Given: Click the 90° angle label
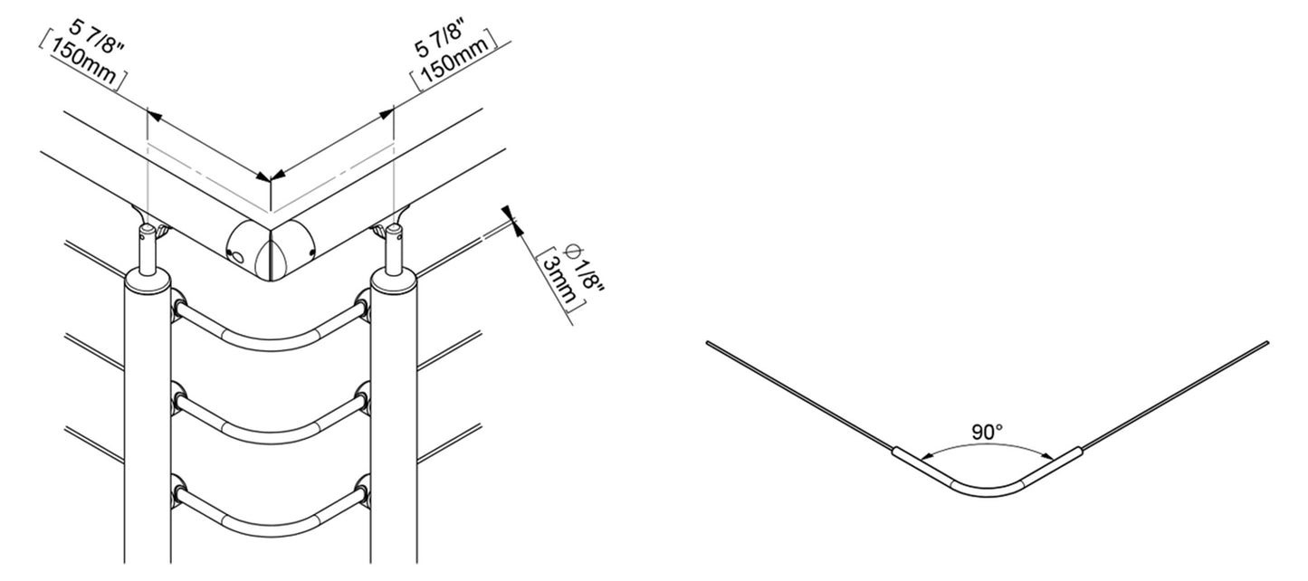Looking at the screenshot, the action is point(987,433).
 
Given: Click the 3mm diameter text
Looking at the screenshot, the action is point(559,281).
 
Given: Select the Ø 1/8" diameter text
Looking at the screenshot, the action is point(585,267).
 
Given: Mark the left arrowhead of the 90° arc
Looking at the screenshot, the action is point(925,457).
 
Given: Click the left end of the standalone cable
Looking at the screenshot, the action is point(708,343).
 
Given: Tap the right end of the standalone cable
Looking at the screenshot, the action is point(1267,343).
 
